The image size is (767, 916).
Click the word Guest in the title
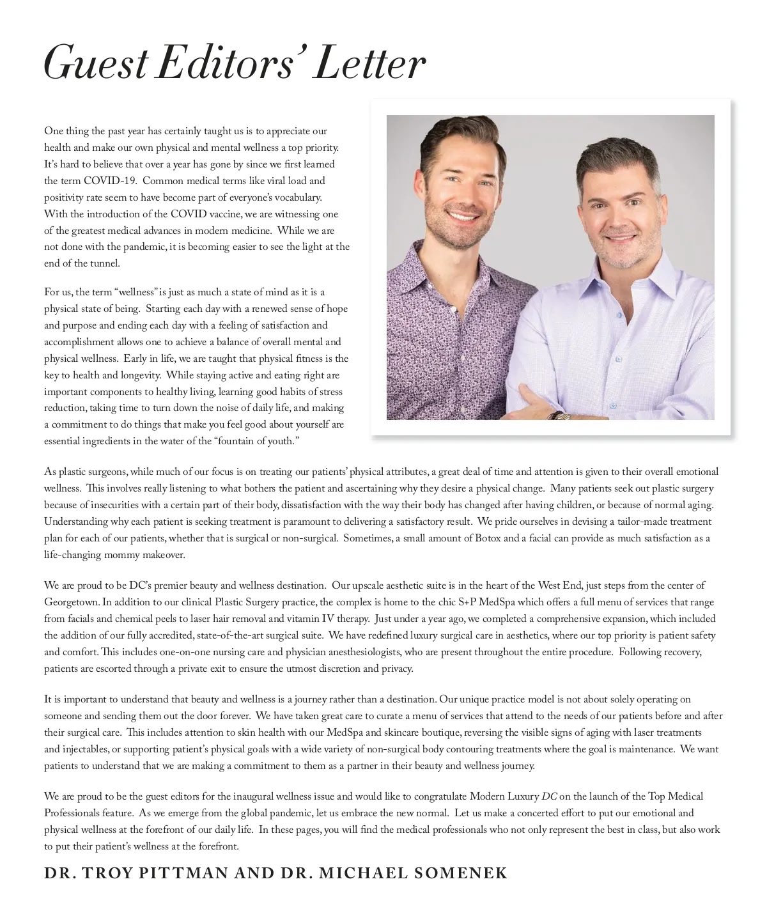[96, 64]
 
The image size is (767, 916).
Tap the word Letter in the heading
[371, 64]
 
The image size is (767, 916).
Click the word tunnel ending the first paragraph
[105, 263]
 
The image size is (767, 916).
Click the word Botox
[488, 538]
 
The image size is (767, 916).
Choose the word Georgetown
[72, 602]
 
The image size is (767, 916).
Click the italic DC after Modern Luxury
[549, 796]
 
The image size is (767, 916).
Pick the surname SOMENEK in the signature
[461, 873]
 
